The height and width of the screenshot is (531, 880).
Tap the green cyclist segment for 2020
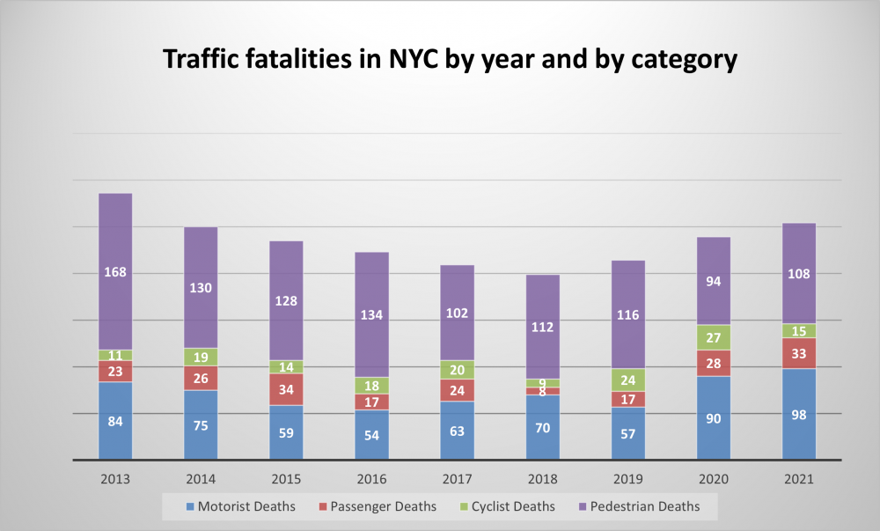tap(714, 337)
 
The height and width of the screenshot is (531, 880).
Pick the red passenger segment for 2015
tap(286, 389)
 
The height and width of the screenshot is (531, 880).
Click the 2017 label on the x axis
tap(457, 480)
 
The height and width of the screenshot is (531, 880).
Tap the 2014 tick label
tap(201, 480)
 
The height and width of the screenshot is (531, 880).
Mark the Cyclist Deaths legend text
tap(514, 506)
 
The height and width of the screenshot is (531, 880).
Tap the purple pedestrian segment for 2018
tap(543, 326)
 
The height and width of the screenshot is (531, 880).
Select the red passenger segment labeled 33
tap(799, 353)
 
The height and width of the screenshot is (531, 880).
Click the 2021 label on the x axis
tap(799, 480)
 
